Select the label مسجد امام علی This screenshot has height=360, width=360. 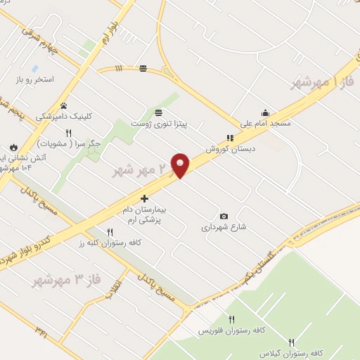click(265, 124)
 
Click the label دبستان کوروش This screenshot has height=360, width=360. click(229, 149)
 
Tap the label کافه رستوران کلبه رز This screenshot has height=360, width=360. click(110, 243)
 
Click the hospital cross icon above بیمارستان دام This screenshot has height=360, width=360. click(144, 199)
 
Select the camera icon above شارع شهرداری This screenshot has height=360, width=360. click(224, 216)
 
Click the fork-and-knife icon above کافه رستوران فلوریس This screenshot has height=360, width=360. click(231, 319)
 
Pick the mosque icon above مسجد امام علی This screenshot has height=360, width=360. click(265, 112)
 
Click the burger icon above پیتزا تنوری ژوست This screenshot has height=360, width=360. click(158, 112)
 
